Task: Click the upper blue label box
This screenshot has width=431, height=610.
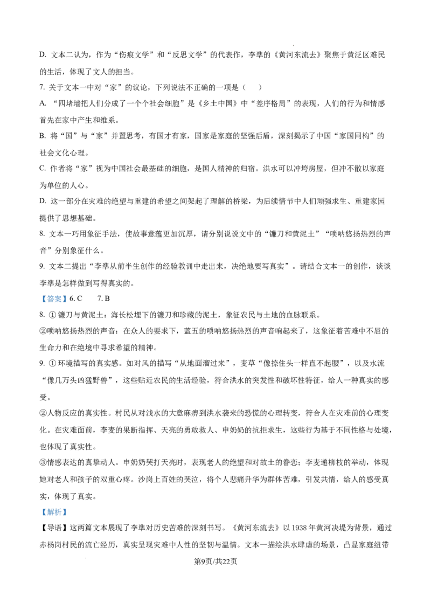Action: [x=54, y=300]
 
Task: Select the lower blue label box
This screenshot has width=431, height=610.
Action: [x=54, y=511]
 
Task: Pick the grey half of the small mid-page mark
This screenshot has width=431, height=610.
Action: [x=153, y=343]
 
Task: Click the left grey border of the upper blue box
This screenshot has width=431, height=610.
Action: [x=40, y=300]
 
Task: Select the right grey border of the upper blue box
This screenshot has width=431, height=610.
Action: [x=68, y=300]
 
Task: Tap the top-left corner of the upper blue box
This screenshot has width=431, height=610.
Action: [x=39, y=294]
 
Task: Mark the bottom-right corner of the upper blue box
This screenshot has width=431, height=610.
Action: [x=68, y=306]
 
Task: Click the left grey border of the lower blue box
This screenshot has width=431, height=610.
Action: [x=40, y=511]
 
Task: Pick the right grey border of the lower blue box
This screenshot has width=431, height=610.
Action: [x=68, y=511]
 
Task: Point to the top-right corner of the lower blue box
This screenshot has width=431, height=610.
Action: [x=68, y=505]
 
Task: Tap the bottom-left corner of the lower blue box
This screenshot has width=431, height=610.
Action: [x=39, y=517]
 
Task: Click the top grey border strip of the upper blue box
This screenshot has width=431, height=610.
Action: [x=54, y=294]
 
